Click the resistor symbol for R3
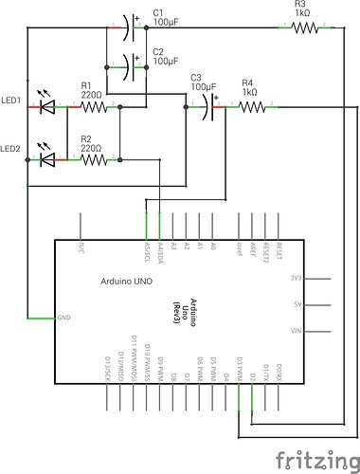304,28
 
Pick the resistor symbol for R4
251,107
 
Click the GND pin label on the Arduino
64,317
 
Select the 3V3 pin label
296,279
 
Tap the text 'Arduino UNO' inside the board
128,283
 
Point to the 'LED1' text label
12,100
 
